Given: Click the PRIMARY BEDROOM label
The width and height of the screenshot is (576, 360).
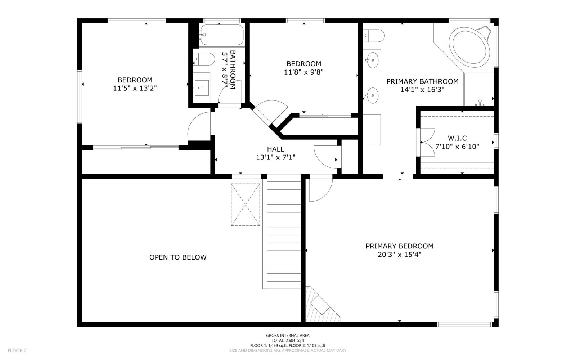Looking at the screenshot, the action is pos(399,246).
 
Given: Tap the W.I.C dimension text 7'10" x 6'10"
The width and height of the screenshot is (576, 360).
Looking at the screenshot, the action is pos(457,147).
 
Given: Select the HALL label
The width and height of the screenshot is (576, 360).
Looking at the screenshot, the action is pos(275,149).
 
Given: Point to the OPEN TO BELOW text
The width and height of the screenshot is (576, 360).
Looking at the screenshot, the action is pos(178,257).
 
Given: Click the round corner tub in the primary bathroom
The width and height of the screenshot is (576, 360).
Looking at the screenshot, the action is pos(469,47).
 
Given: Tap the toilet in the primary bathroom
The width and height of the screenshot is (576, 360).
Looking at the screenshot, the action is pos(374,36).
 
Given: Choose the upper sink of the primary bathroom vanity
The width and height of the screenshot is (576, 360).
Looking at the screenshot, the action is pos(372,60).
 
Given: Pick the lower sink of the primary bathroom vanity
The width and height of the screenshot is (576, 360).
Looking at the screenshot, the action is pos(372,95).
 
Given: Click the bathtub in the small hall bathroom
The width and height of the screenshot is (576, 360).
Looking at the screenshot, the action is pos(222,35).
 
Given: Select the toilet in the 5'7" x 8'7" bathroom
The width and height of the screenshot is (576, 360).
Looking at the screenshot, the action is pos(204,59).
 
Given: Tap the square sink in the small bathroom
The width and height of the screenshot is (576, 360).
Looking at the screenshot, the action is pos(202,88).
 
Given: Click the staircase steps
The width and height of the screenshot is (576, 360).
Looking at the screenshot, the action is pos(284,231).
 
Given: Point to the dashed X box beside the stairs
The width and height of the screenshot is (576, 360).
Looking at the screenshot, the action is pos(245,205).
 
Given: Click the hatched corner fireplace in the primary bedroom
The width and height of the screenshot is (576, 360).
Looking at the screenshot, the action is pos(321,305).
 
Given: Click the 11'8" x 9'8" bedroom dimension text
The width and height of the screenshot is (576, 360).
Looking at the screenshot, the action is pos(303,72).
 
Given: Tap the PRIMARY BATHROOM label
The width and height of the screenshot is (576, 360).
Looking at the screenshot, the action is pos(423,81).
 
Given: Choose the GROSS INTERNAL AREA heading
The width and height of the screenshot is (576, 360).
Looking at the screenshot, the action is pos(288,336).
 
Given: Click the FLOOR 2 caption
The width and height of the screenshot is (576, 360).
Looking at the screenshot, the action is pos(17,351).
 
